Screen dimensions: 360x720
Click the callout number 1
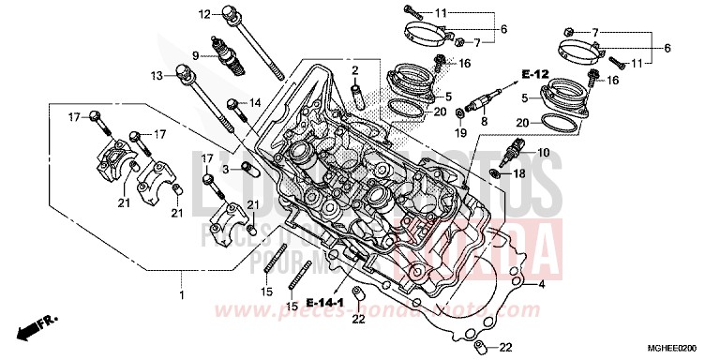tap(182, 296)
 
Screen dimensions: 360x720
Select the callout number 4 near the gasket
tap(541, 282)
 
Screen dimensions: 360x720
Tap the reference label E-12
tap(534, 74)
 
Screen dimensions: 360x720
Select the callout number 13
tap(157, 75)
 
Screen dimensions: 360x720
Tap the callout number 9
tap(196, 55)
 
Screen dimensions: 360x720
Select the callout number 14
tap(253, 102)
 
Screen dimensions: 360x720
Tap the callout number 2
tap(356, 71)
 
